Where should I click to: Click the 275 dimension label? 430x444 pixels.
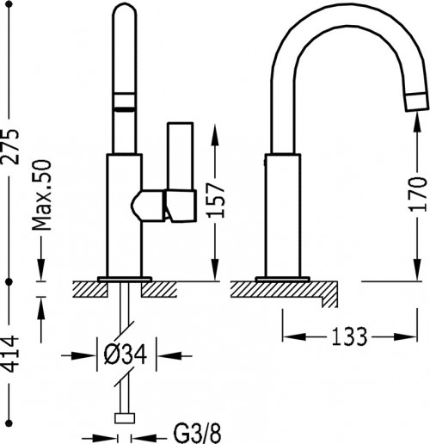(9, 147)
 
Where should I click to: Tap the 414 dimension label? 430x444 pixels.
(9, 354)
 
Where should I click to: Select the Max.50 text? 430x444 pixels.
(41, 195)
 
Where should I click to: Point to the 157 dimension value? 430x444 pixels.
(215, 200)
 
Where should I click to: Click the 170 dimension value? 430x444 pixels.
(418, 194)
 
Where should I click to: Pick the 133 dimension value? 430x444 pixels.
(349, 336)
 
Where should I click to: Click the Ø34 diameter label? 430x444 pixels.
(126, 355)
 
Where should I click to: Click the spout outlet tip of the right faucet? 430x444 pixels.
(417, 102)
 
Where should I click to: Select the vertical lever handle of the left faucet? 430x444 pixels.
(180, 157)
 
